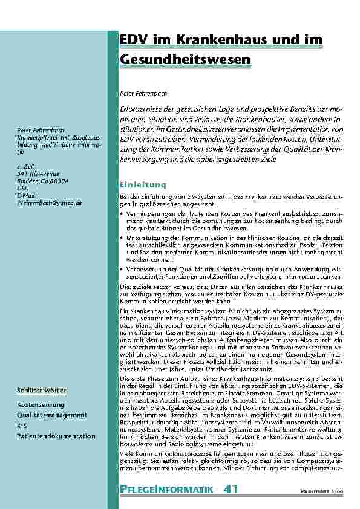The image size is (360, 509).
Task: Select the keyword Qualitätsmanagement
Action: tap(52, 415)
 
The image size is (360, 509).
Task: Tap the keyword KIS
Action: tap(22, 426)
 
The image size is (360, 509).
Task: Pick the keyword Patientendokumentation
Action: tap(56, 436)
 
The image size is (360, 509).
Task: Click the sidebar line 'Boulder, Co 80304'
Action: tap(42, 181)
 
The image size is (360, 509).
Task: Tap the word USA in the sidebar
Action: tap(23, 188)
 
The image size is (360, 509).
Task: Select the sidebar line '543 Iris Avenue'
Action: tap(39, 173)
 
